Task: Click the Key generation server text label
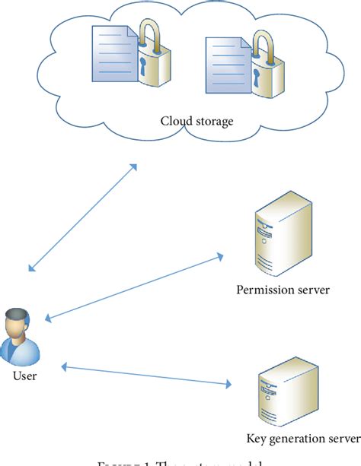[x=302, y=439]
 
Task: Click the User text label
[x=24, y=376]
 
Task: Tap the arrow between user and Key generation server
[x=145, y=375]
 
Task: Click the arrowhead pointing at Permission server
[x=219, y=257]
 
